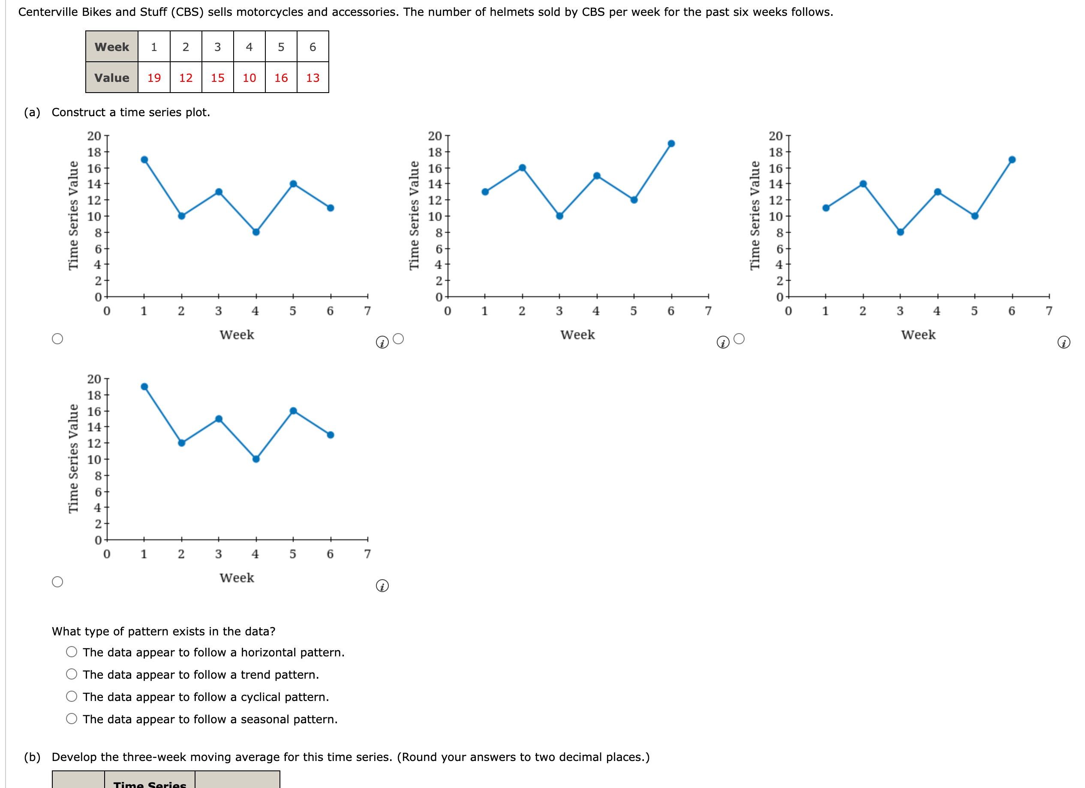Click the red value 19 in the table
[x=153, y=78]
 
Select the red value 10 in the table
[x=249, y=78]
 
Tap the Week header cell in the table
[x=111, y=47]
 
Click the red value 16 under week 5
[x=281, y=78]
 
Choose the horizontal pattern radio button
[x=72, y=652]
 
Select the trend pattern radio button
[x=72, y=674]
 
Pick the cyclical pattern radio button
[x=72, y=696]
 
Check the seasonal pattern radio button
[x=72, y=719]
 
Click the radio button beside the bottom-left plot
[x=57, y=582]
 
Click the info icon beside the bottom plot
[x=382, y=586]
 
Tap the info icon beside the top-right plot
[x=1064, y=343]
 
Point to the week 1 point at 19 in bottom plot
[x=144, y=387]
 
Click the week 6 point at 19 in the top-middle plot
[x=671, y=144]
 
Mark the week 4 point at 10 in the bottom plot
[x=256, y=459]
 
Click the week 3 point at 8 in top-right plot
[x=900, y=232]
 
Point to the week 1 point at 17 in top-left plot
[x=144, y=160]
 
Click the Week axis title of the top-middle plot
[x=577, y=335]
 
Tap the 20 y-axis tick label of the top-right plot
[x=775, y=136]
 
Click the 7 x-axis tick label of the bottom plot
[x=367, y=554]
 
